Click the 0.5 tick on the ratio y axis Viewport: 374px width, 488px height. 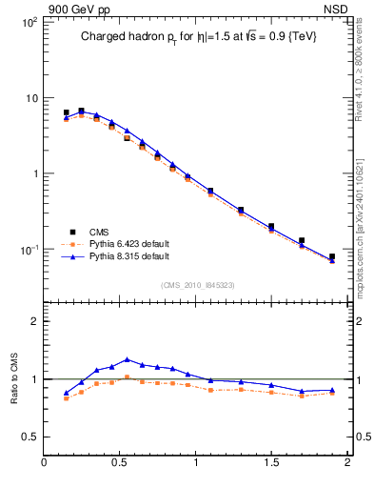pyautogui.click(x=30, y=437)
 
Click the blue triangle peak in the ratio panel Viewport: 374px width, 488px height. pyautogui.click(x=128, y=359)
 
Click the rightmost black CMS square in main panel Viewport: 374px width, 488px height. pyautogui.click(x=332, y=256)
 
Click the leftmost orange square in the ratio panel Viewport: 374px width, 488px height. pyautogui.click(x=66, y=397)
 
